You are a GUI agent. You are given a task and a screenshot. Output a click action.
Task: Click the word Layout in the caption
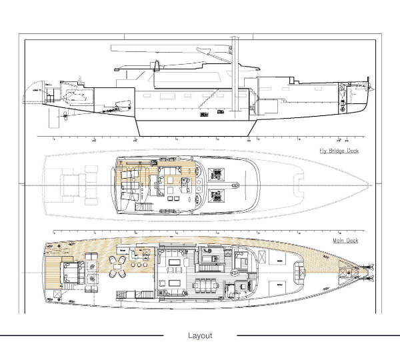tap(200, 335)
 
